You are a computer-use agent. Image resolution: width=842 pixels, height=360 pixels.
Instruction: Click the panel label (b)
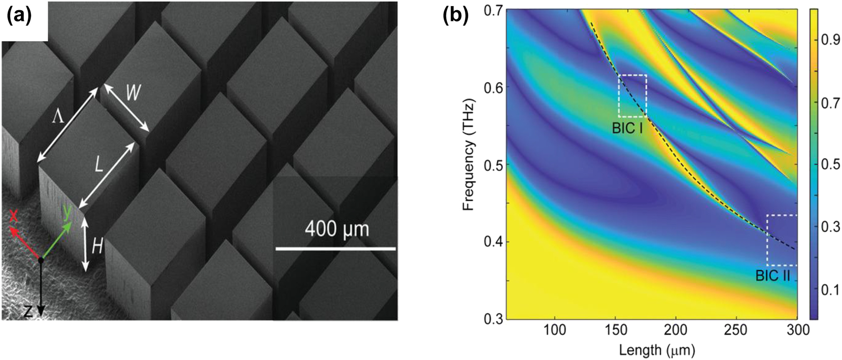456,17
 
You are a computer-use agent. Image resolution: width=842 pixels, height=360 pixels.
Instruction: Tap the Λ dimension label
58,117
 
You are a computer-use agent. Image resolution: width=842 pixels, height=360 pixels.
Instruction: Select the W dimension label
132,93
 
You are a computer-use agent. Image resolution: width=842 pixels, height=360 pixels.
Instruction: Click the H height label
97,246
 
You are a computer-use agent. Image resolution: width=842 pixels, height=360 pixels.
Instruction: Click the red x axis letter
14,217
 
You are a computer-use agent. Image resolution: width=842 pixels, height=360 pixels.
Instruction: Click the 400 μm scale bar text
336,229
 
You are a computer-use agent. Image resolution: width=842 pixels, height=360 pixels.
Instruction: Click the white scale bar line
335,249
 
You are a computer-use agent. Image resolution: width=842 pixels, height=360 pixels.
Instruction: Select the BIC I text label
627,128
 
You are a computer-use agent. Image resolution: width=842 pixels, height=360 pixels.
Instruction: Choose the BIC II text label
773,276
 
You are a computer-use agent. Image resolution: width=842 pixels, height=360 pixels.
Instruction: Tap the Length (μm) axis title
656,349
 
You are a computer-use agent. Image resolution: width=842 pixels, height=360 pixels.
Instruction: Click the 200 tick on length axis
676,330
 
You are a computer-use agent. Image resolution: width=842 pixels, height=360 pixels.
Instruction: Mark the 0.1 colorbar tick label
830,290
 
